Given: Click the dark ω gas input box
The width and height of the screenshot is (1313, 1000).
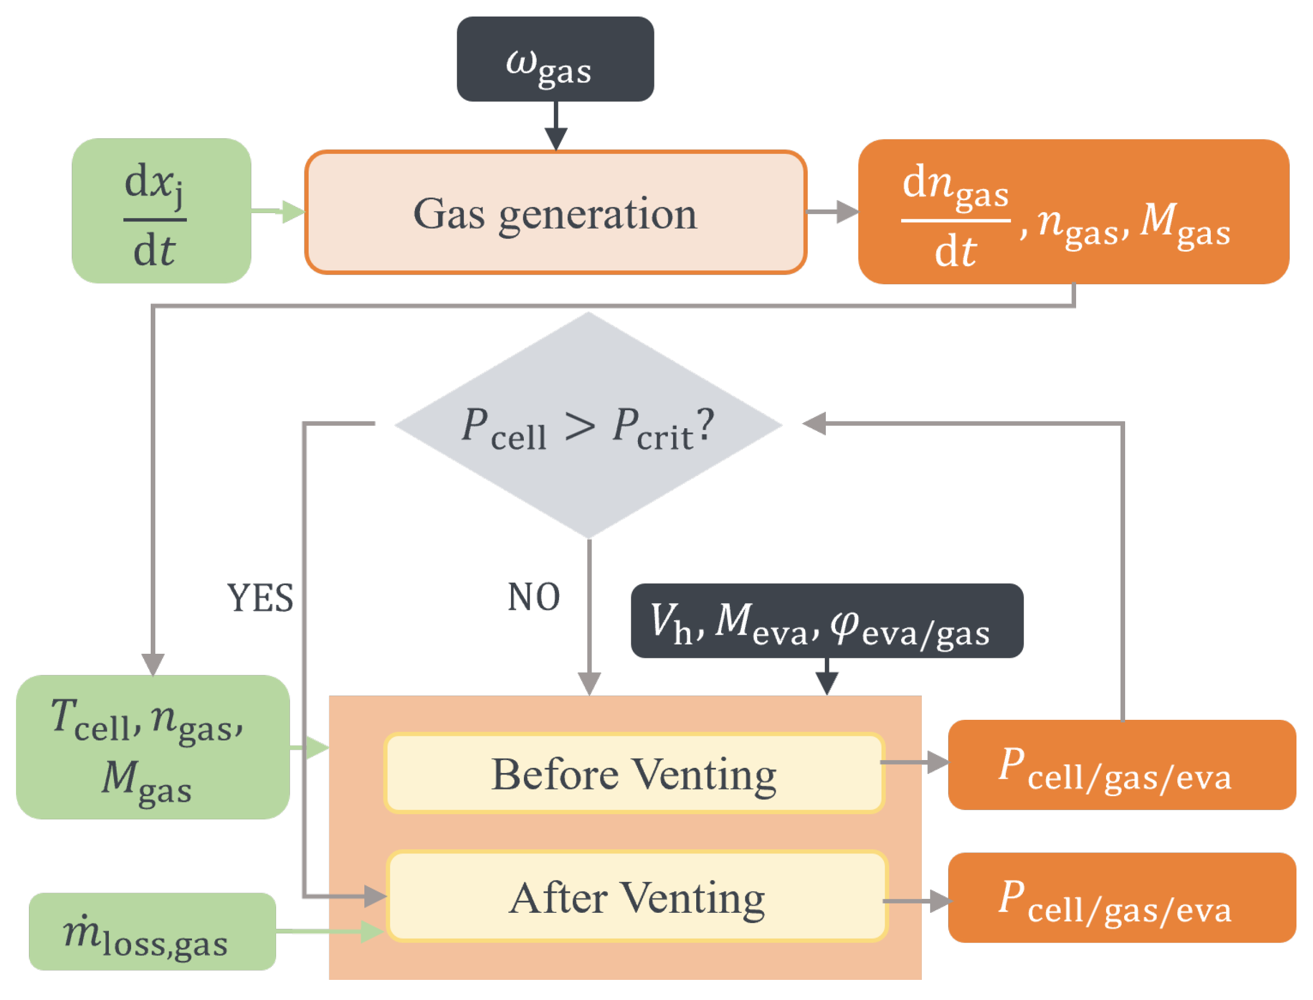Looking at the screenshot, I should click(554, 59).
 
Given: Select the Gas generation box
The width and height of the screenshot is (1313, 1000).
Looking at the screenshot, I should click(554, 213).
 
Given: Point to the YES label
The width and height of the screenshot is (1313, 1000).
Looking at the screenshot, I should click(260, 598).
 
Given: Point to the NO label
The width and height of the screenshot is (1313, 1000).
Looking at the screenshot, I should click(533, 597).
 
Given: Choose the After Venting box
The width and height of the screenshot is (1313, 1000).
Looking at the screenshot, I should click(636, 896).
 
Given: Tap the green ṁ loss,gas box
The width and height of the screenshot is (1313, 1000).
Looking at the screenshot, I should click(152, 931).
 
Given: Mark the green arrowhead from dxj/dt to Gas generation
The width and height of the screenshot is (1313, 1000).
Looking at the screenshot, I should click(293, 212).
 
